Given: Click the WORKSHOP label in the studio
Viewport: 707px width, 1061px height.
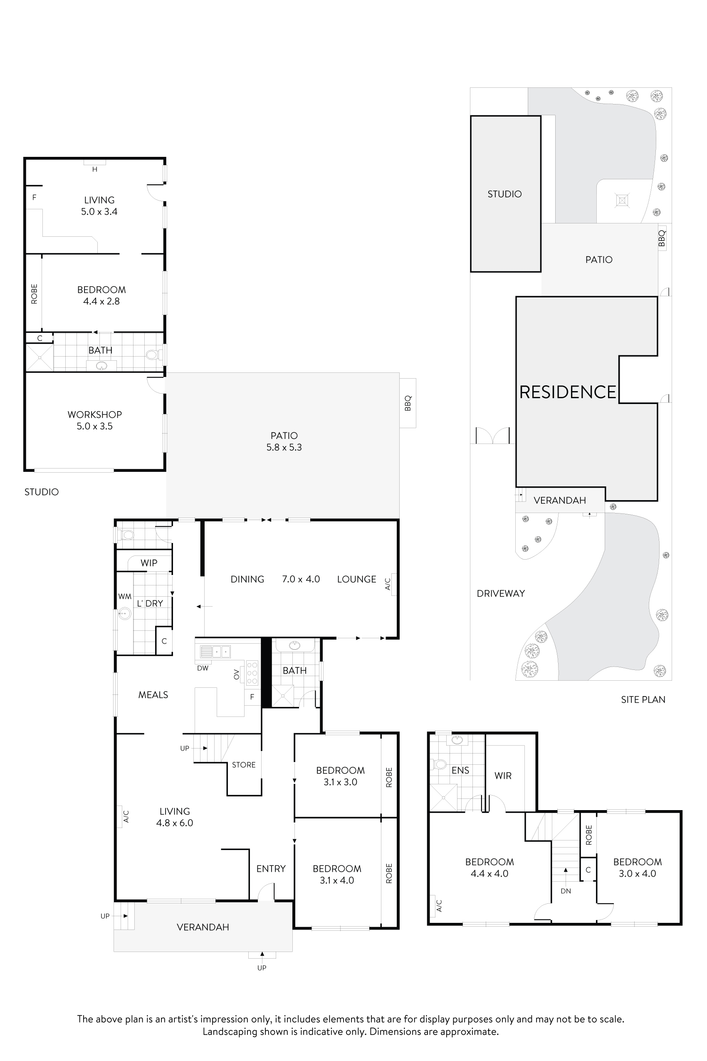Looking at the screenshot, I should [95, 414].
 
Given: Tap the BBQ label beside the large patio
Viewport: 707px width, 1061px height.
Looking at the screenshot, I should [408, 403].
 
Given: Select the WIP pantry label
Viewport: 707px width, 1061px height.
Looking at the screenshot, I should [149, 563].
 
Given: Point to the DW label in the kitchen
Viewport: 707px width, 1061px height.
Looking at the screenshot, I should [203, 668].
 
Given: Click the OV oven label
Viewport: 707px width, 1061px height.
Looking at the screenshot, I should [236, 674].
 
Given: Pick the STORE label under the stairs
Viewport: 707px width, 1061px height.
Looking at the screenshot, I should [243, 765].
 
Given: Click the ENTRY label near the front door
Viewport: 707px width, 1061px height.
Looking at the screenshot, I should [271, 868].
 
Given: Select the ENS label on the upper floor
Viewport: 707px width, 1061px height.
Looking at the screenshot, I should [460, 770].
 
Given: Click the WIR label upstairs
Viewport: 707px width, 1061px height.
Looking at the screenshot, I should [503, 776].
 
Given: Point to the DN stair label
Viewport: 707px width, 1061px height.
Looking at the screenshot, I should [566, 891].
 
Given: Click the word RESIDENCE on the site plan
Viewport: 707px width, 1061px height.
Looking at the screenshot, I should [568, 392].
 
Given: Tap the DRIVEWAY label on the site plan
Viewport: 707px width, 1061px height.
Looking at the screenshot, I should [500, 593].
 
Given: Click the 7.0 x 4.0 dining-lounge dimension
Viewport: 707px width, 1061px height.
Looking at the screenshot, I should [301, 579].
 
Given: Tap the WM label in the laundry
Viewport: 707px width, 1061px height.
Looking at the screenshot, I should [124, 596].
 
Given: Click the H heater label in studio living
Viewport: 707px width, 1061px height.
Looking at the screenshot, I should [95, 170].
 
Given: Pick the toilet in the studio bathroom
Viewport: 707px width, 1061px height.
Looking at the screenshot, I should [152, 355].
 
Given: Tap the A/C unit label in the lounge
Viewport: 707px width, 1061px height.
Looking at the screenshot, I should [388, 584].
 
